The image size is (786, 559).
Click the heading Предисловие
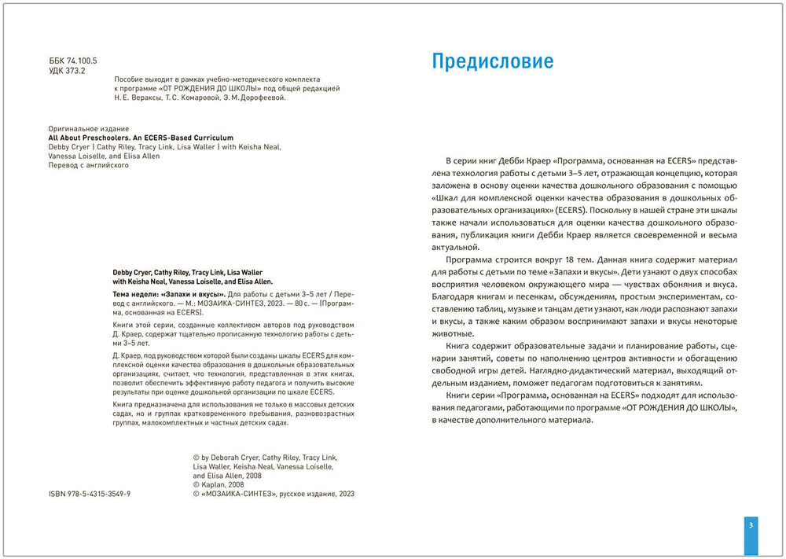493,62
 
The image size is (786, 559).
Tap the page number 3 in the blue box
751,526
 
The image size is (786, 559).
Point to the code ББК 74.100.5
73,61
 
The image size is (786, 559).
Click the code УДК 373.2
67,70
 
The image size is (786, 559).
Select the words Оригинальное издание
88,128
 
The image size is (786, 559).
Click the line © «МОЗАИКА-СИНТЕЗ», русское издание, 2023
274,495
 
